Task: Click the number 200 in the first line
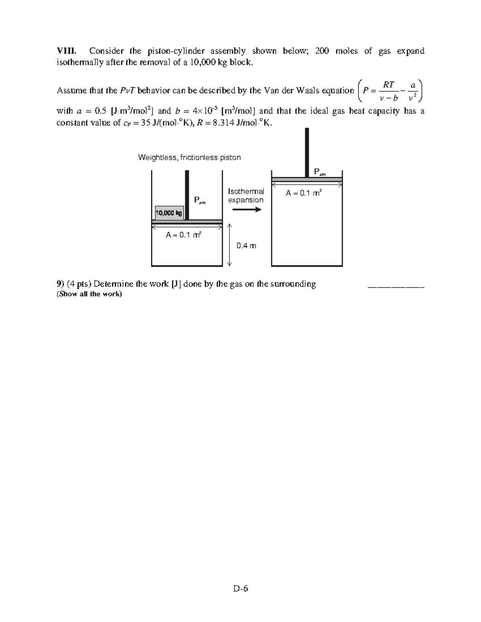pyautogui.click(x=322, y=51)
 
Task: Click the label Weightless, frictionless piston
pyautogui.click(x=189, y=157)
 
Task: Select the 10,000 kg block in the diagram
pyautogui.click(x=169, y=213)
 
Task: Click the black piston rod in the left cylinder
pyautogui.click(x=186, y=195)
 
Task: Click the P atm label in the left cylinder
pyautogui.click(x=199, y=200)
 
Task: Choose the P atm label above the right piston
pyautogui.click(x=320, y=172)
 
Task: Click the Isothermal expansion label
pyautogui.click(x=246, y=195)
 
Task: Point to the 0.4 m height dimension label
pyautogui.click(x=246, y=246)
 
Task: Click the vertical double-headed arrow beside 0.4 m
pyautogui.click(x=230, y=245)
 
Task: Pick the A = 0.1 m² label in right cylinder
pyautogui.click(x=303, y=193)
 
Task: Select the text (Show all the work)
pyautogui.click(x=89, y=294)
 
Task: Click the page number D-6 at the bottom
pyautogui.click(x=241, y=588)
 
